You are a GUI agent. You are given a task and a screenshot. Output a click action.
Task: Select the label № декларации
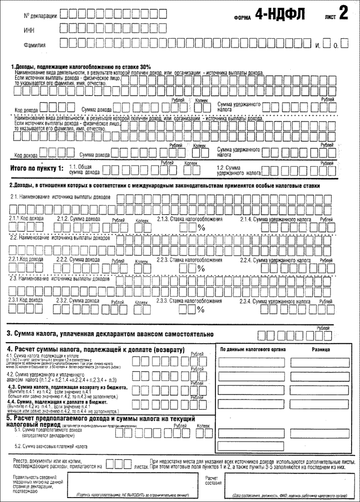(x=40, y=16)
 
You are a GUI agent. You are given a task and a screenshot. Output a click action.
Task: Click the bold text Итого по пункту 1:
(x=38, y=168)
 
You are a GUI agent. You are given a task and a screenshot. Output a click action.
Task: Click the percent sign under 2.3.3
(x=202, y=309)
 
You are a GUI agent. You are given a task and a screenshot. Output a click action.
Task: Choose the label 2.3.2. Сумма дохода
(x=78, y=300)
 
